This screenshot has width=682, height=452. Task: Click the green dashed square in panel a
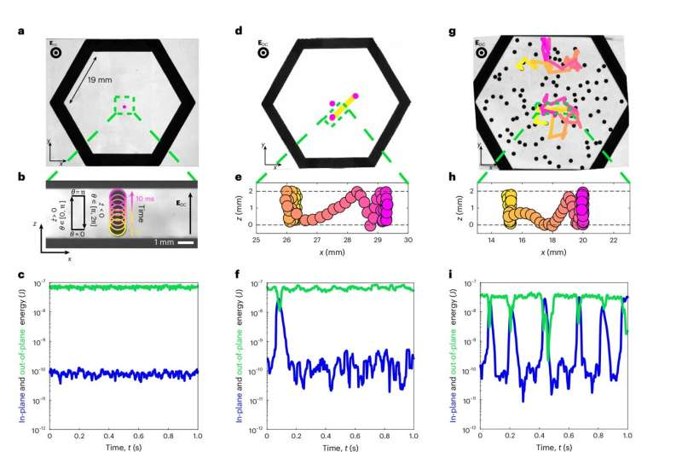(x=124, y=106)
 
